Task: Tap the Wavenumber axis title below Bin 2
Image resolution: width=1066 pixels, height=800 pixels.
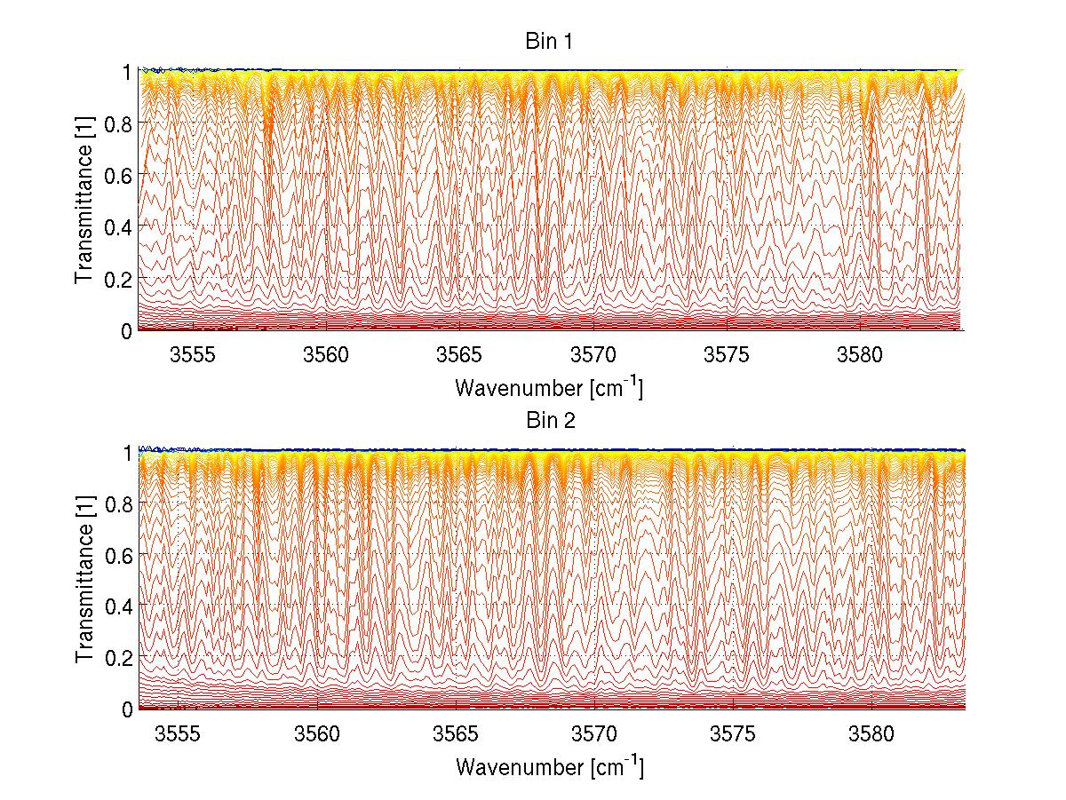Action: click(x=548, y=766)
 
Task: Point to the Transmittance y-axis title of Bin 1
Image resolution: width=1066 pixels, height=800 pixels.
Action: click(x=84, y=201)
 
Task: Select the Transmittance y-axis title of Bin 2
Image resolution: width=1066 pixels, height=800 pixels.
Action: click(x=84, y=580)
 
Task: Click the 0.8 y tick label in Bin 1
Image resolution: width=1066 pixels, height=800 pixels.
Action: click(x=120, y=123)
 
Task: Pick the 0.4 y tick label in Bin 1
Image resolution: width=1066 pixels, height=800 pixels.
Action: click(x=120, y=226)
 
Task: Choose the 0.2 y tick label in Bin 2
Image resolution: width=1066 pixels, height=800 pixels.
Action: click(x=120, y=657)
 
